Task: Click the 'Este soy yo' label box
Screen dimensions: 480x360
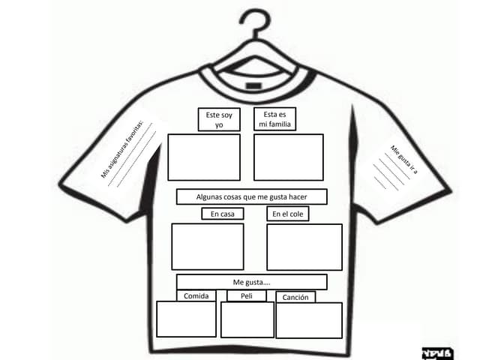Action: pyautogui.click(x=219, y=119)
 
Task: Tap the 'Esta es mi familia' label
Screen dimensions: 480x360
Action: pyautogui.click(x=275, y=118)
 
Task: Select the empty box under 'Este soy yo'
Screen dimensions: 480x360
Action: pyautogui.click(x=204, y=157)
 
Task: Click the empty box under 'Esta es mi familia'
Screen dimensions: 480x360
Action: pyautogui.click(x=289, y=157)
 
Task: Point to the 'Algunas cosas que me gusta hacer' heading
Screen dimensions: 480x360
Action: pyautogui.click(x=252, y=196)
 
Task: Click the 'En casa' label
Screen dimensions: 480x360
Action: pyautogui.click(x=223, y=214)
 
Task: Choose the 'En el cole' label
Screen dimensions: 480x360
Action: pyautogui.click(x=288, y=214)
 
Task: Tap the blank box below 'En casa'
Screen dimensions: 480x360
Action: pyautogui.click(x=208, y=247)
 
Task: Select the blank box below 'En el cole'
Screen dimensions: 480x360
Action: pyautogui.click(x=304, y=247)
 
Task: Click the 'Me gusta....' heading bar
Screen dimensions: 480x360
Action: pyautogui.click(x=252, y=282)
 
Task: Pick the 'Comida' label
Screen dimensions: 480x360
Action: pyautogui.click(x=196, y=295)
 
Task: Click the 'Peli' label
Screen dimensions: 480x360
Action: pyautogui.click(x=247, y=296)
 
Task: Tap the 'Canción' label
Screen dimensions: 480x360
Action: pyautogui.click(x=295, y=297)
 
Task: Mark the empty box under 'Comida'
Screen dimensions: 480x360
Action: pyautogui.click(x=186, y=319)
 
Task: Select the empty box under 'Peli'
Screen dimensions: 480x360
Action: pyautogui.click(x=247, y=320)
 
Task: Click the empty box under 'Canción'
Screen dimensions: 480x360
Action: pyautogui.click(x=309, y=320)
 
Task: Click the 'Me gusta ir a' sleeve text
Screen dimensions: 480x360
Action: pyautogui.click(x=404, y=160)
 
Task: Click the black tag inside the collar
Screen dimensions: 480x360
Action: pyautogui.click(x=253, y=85)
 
